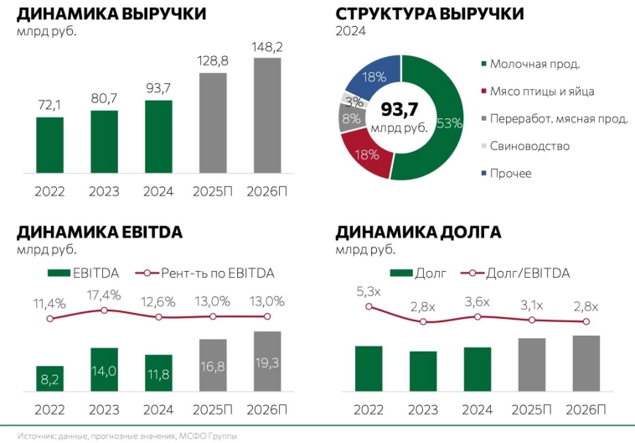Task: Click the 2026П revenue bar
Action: (268, 118)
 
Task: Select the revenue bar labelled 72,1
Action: (49, 147)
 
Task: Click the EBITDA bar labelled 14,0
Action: (104, 369)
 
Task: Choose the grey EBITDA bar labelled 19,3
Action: (268, 361)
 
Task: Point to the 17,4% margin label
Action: (104, 294)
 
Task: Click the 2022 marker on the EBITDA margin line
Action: (49, 319)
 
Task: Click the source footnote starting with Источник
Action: (126, 435)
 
